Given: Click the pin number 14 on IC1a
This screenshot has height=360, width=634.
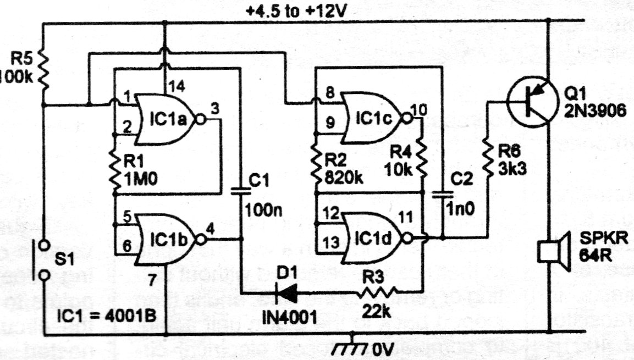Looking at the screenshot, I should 175,86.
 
